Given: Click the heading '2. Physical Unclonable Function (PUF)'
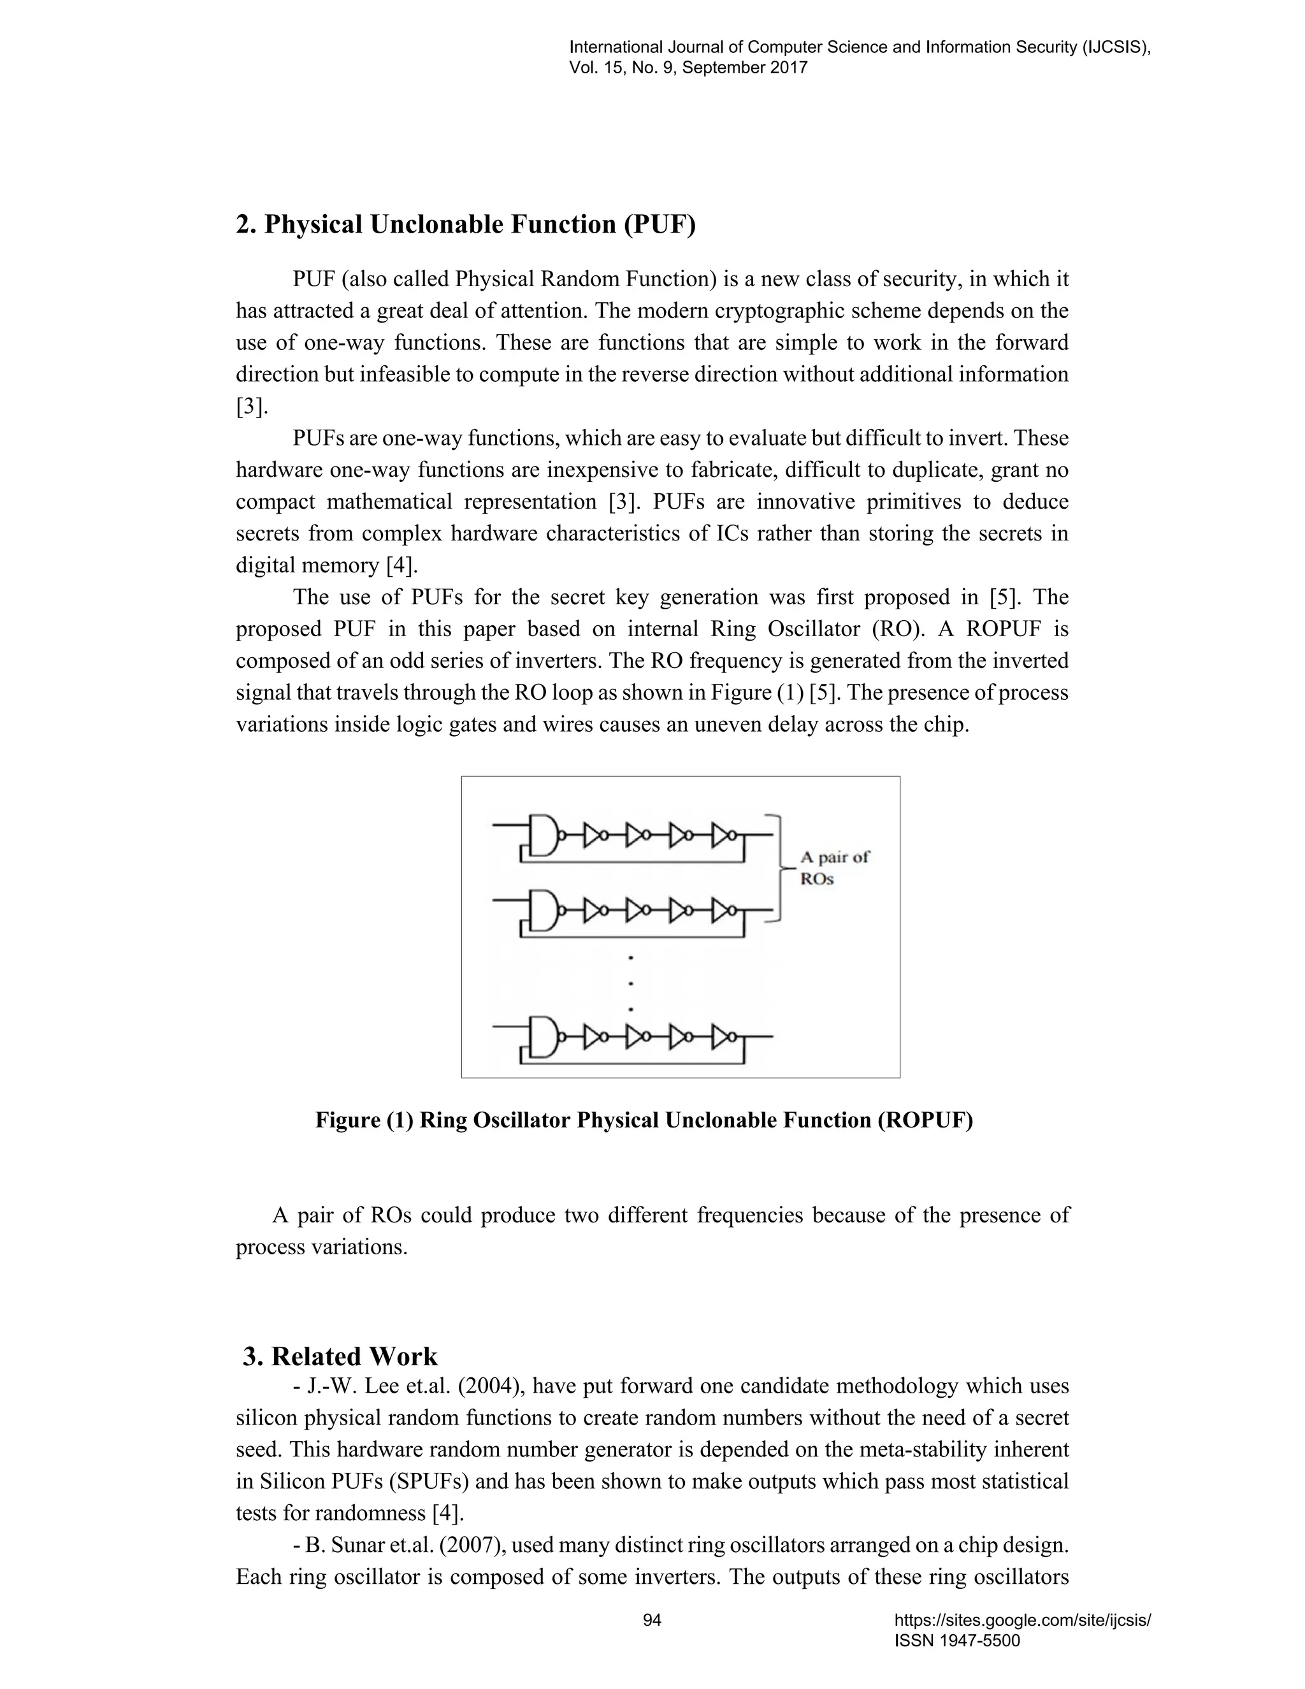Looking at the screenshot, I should (x=465, y=224).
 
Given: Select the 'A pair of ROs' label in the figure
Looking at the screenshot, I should (x=833, y=867).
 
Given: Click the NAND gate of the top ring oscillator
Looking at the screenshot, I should (x=544, y=835).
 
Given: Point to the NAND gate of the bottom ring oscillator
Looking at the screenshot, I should (x=544, y=1037).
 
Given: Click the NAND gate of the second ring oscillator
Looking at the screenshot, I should (x=544, y=910).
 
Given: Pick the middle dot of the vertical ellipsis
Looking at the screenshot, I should (x=631, y=983).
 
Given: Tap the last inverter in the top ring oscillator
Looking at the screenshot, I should (x=725, y=835).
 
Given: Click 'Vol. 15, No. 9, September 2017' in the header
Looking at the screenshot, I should (x=688, y=68).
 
